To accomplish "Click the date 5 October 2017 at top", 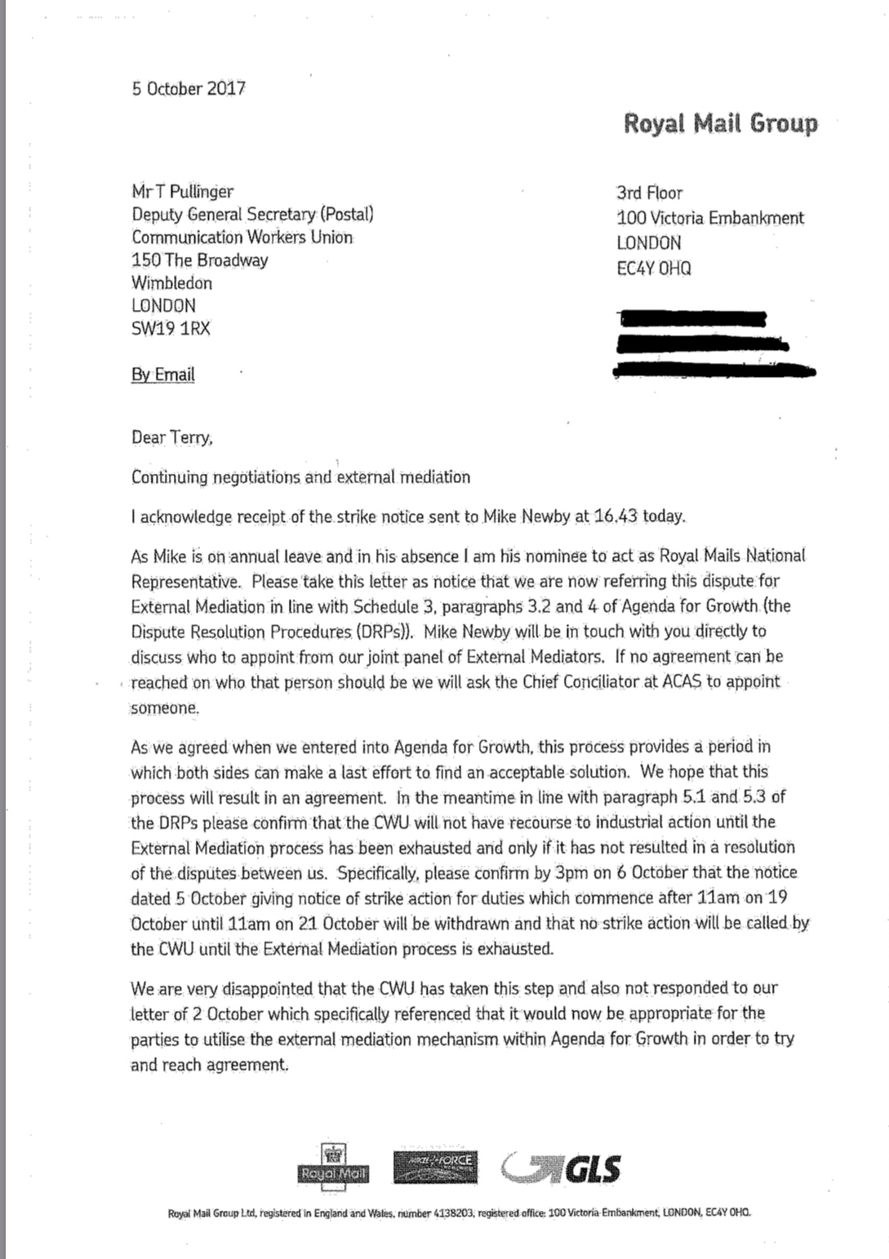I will pos(189,89).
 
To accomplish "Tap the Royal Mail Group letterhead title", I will pos(720,123).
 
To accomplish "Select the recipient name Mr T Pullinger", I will pos(182,192).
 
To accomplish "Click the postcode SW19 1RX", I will pos(171,329).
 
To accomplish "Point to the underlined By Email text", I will pos(162,375).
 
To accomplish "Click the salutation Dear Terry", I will pos(171,437).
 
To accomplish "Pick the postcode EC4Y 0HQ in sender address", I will pos(653,268).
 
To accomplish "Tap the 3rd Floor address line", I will pos(649,193).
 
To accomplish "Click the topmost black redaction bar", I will pos(692,318).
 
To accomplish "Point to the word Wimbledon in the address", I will pos(171,283).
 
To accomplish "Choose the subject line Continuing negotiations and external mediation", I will pos(300,477).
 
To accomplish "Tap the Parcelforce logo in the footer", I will pos(434,1168).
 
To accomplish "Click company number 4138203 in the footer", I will pos(451,1213).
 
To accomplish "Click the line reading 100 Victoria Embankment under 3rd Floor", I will pos(709,218).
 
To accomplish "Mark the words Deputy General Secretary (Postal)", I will pos(252,215).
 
